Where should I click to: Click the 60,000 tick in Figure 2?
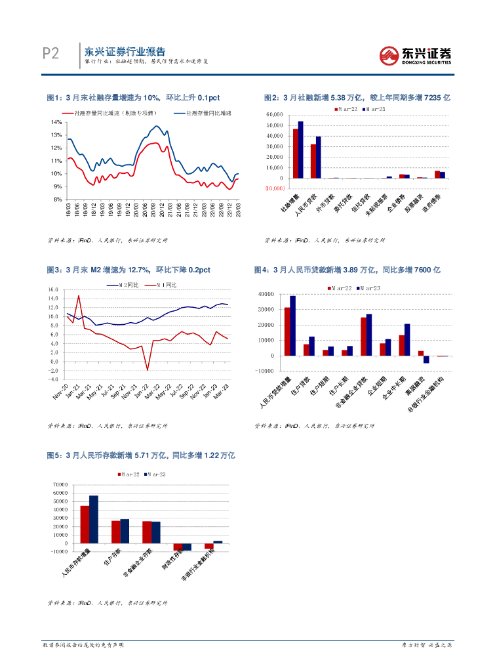click(274, 115)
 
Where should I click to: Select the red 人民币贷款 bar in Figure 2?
click(313, 161)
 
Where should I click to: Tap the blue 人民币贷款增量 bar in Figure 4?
click(292, 325)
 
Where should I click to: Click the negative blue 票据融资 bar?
click(426, 359)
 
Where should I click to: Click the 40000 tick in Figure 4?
click(267, 294)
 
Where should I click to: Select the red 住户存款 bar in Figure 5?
click(115, 532)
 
